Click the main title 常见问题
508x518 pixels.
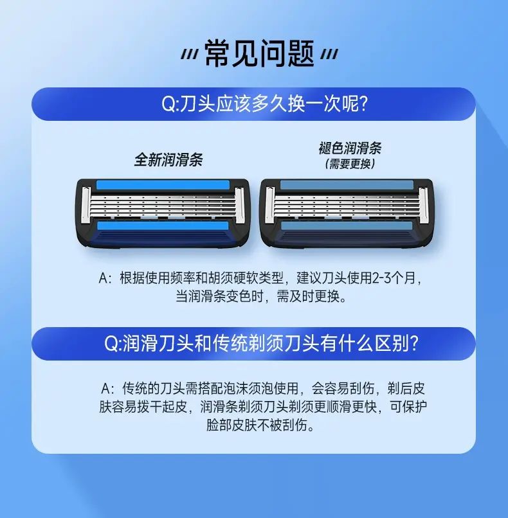point(259,53)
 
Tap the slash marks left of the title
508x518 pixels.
point(190,55)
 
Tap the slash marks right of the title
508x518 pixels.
point(329,55)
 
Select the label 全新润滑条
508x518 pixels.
point(168,160)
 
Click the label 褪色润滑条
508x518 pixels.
point(350,148)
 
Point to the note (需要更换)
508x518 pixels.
point(350,164)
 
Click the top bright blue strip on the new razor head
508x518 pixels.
point(163,185)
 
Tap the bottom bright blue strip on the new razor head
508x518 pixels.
point(163,226)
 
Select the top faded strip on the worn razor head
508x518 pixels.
point(347,185)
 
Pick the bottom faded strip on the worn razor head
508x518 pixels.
point(347,226)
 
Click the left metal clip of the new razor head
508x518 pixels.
point(86,204)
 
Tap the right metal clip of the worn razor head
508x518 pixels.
point(423,204)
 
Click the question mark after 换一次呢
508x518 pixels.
point(363,104)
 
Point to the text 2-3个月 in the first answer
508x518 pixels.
point(394,278)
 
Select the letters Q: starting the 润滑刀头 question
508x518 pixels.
point(113,344)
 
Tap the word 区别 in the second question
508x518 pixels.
point(387,344)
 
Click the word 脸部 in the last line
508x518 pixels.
point(219,425)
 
